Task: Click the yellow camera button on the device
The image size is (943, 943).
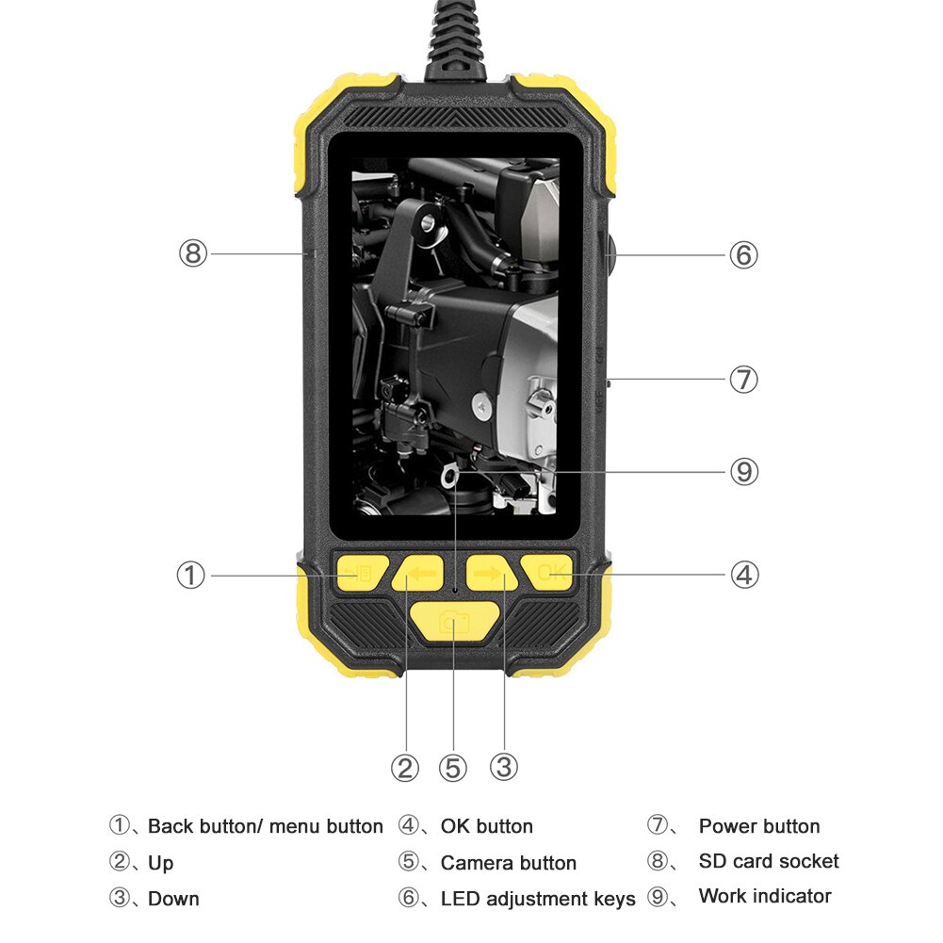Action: (454, 623)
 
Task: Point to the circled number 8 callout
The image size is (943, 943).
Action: (192, 252)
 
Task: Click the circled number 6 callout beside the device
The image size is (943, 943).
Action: (743, 254)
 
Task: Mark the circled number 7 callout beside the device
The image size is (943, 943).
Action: (743, 380)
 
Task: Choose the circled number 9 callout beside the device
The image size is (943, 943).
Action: (743, 471)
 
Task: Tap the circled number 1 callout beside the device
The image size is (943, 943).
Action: (191, 575)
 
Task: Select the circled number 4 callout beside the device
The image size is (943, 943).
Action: (744, 575)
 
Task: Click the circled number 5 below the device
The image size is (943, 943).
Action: (453, 769)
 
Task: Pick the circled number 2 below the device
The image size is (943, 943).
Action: (405, 769)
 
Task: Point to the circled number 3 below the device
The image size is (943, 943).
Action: (504, 768)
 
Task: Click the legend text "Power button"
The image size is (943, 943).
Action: (758, 826)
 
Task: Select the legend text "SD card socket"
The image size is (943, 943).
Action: (768, 861)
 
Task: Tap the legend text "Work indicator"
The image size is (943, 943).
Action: (764, 896)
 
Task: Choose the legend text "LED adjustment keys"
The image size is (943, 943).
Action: (537, 899)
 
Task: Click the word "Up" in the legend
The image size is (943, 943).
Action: (160, 863)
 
